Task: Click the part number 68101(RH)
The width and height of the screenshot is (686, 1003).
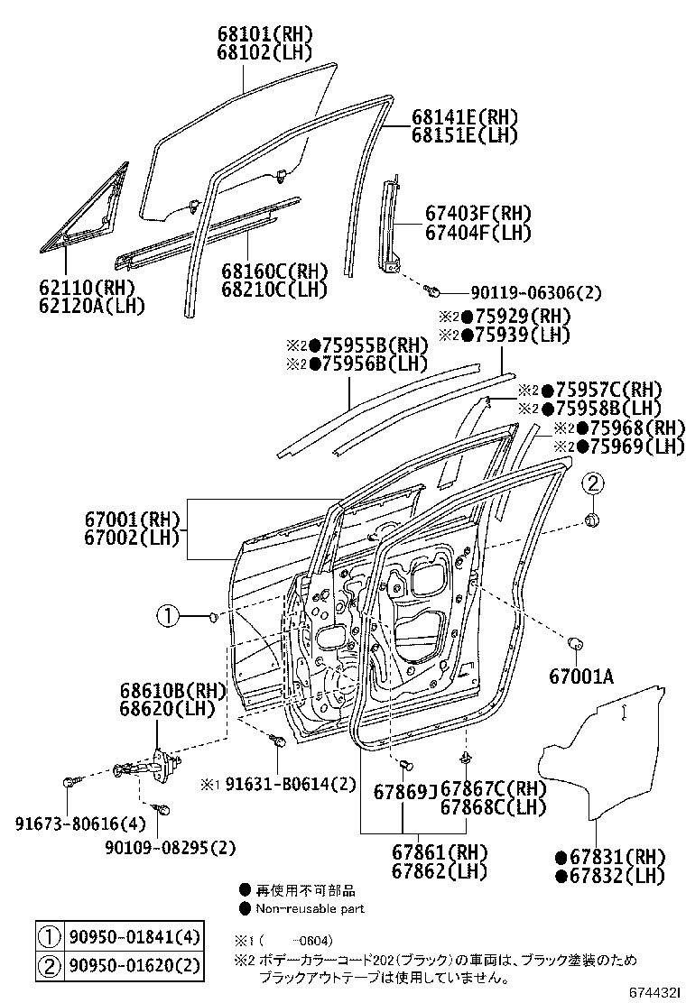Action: click(x=264, y=34)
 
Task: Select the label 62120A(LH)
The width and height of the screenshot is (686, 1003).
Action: click(x=93, y=306)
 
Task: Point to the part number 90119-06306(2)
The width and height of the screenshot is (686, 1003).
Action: click(x=535, y=292)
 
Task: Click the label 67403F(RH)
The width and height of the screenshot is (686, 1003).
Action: click(x=478, y=214)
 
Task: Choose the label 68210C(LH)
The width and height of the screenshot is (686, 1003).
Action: click(x=274, y=290)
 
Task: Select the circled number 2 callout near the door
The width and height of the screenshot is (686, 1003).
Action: click(x=591, y=483)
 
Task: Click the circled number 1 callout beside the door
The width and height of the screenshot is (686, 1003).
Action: click(x=168, y=616)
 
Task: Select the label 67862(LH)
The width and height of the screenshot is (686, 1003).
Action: click(x=440, y=871)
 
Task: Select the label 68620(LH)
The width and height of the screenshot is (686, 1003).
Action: click(x=166, y=708)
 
